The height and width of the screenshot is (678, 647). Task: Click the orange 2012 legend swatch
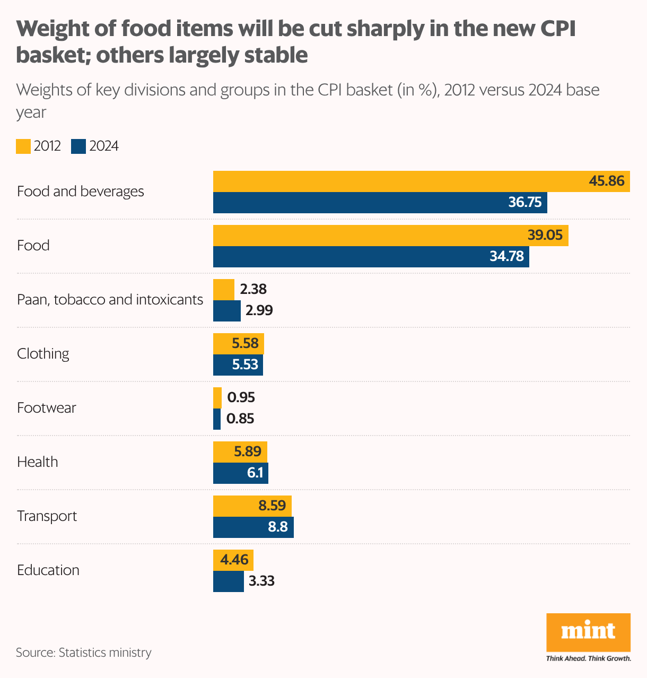pyautogui.click(x=23, y=146)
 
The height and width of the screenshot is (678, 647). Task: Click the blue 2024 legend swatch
pyautogui.click(x=78, y=146)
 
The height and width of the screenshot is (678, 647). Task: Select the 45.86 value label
pyautogui.click(x=607, y=181)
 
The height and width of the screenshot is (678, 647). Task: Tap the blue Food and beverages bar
pyautogui.click(x=380, y=203)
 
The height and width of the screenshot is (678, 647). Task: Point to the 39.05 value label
pyautogui.click(x=545, y=235)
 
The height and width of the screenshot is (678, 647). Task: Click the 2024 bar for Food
pyautogui.click(x=371, y=257)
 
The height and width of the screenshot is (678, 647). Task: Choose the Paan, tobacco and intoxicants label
pyautogui.click(x=110, y=300)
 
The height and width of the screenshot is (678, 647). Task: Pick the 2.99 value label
pyautogui.click(x=259, y=310)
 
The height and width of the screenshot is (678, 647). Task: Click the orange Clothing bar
pyautogui.click(x=238, y=343)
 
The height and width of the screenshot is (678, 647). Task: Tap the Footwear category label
pyautogui.click(x=47, y=408)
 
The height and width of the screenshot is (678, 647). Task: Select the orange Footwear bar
pyautogui.click(x=217, y=397)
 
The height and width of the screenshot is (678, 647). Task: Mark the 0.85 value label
pyautogui.click(x=240, y=419)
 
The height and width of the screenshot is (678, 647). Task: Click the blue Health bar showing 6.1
pyautogui.click(x=240, y=473)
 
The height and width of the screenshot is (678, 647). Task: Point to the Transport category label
pyautogui.click(x=47, y=516)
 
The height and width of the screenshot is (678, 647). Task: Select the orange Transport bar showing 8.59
pyautogui.click(x=252, y=506)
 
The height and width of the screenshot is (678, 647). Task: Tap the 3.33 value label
pyautogui.click(x=261, y=581)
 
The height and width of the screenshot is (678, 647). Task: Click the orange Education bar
pyautogui.click(x=233, y=560)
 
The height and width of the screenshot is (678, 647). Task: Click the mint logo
pyautogui.click(x=588, y=632)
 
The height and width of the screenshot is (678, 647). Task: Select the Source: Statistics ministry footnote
pyautogui.click(x=83, y=653)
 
